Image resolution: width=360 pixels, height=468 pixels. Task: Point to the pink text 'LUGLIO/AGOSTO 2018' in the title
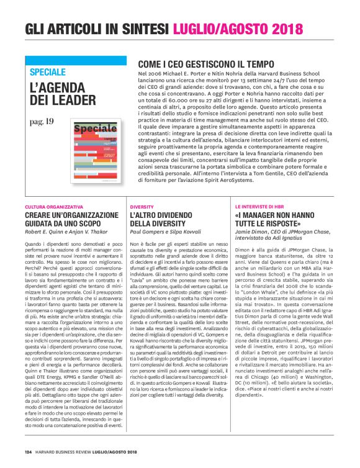click(238, 29)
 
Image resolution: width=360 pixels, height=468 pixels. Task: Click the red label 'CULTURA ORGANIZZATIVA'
click(54, 206)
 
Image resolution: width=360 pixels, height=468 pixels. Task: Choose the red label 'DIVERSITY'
click(142, 206)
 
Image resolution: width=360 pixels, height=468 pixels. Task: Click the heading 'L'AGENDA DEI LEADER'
click(61, 94)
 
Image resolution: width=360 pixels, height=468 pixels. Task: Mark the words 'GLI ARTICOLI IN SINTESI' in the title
click(97, 29)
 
